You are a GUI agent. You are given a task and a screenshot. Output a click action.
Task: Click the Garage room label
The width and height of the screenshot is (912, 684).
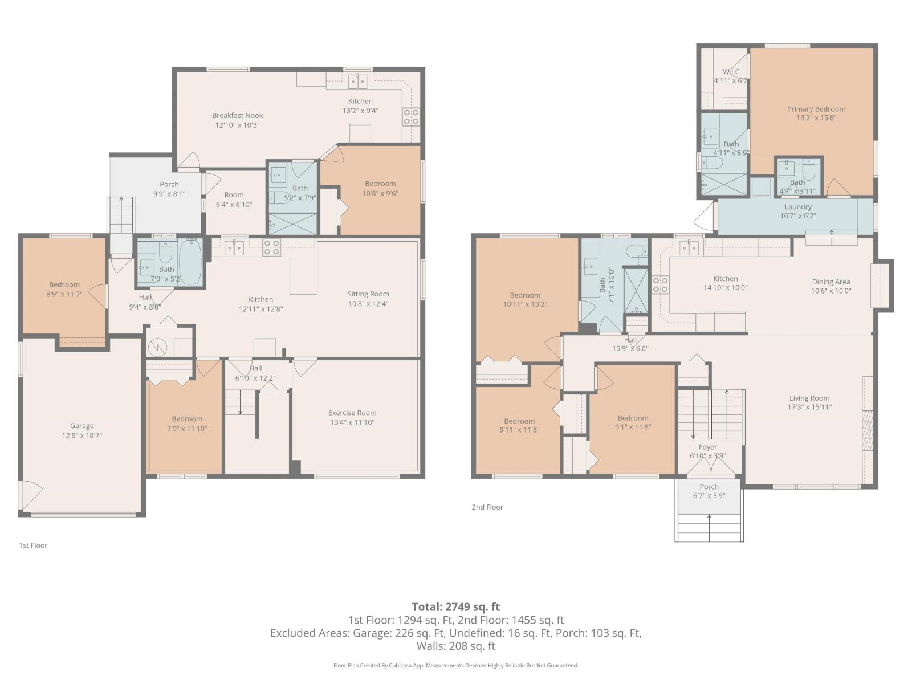(82, 426)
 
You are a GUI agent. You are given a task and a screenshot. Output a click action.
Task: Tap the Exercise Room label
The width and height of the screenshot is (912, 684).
(352, 413)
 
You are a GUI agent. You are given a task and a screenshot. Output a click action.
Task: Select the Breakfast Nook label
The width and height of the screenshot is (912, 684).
(237, 115)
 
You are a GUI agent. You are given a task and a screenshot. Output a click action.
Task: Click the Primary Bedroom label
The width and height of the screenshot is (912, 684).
(816, 109)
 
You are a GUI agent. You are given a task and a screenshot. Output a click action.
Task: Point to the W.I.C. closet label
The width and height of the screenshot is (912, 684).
(731, 72)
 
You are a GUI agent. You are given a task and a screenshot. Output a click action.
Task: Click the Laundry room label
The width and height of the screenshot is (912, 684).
(797, 207)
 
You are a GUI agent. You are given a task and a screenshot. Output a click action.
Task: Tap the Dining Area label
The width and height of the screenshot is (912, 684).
(830, 282)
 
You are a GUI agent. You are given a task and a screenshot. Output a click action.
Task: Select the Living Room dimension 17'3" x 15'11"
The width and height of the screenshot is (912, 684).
(809, 407)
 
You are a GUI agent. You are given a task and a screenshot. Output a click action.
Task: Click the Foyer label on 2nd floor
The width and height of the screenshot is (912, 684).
(707, 447)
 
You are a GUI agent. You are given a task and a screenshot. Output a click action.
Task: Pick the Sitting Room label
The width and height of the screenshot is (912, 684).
(368, 294)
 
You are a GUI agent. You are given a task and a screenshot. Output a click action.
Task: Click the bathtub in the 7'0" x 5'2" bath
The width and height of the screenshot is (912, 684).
(190, 263)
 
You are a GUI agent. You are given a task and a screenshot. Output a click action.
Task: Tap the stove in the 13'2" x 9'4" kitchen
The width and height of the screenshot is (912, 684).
(411, 117)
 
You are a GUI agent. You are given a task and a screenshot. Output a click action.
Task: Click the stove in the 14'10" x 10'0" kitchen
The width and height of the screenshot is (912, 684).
(660, 284)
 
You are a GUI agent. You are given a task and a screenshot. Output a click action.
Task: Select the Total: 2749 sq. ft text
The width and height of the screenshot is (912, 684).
(455, 606)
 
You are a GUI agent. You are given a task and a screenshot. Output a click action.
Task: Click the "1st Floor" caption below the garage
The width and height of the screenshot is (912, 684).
(33, 545)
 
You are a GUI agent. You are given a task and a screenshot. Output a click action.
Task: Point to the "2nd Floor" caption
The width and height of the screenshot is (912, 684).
(487, 507)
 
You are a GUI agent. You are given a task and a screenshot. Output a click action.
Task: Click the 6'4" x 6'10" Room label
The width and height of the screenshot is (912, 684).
(234, 195)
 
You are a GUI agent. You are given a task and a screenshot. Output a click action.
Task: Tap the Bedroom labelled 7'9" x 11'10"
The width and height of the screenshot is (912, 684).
(187, 419)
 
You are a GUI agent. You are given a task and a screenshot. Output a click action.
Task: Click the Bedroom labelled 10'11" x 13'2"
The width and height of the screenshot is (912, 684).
(524, 295)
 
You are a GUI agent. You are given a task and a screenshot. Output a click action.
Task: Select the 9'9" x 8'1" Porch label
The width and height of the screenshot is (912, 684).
(169, 184)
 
